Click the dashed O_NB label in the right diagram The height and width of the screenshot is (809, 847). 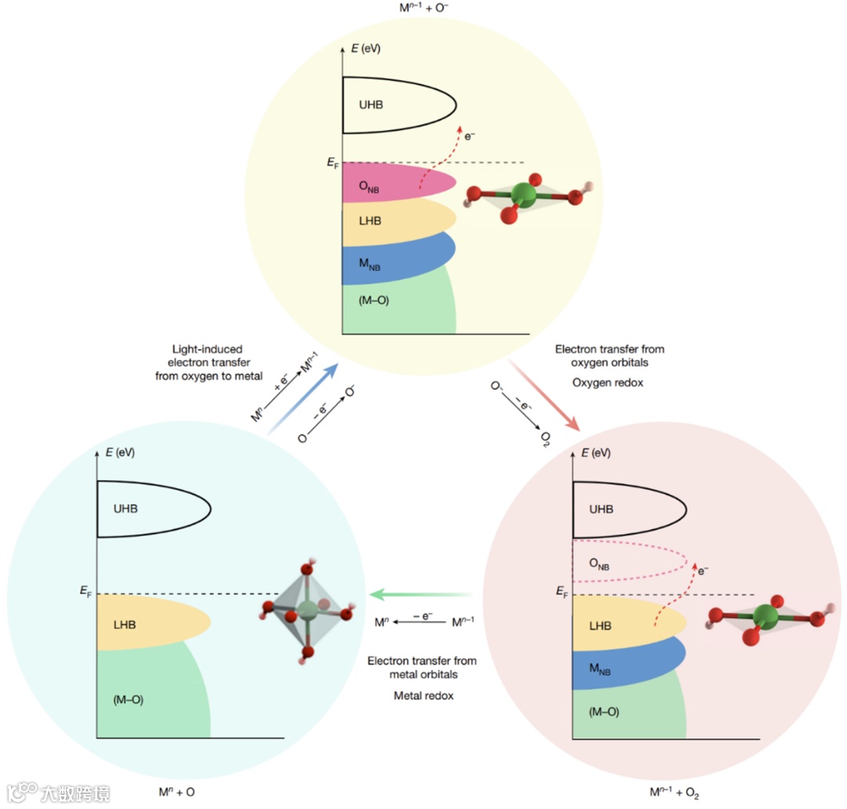point(598,564)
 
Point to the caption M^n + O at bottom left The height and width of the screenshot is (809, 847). point(176,792)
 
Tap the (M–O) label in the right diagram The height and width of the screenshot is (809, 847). point(603,712)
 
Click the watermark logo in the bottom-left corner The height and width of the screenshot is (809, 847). point(59,792)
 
